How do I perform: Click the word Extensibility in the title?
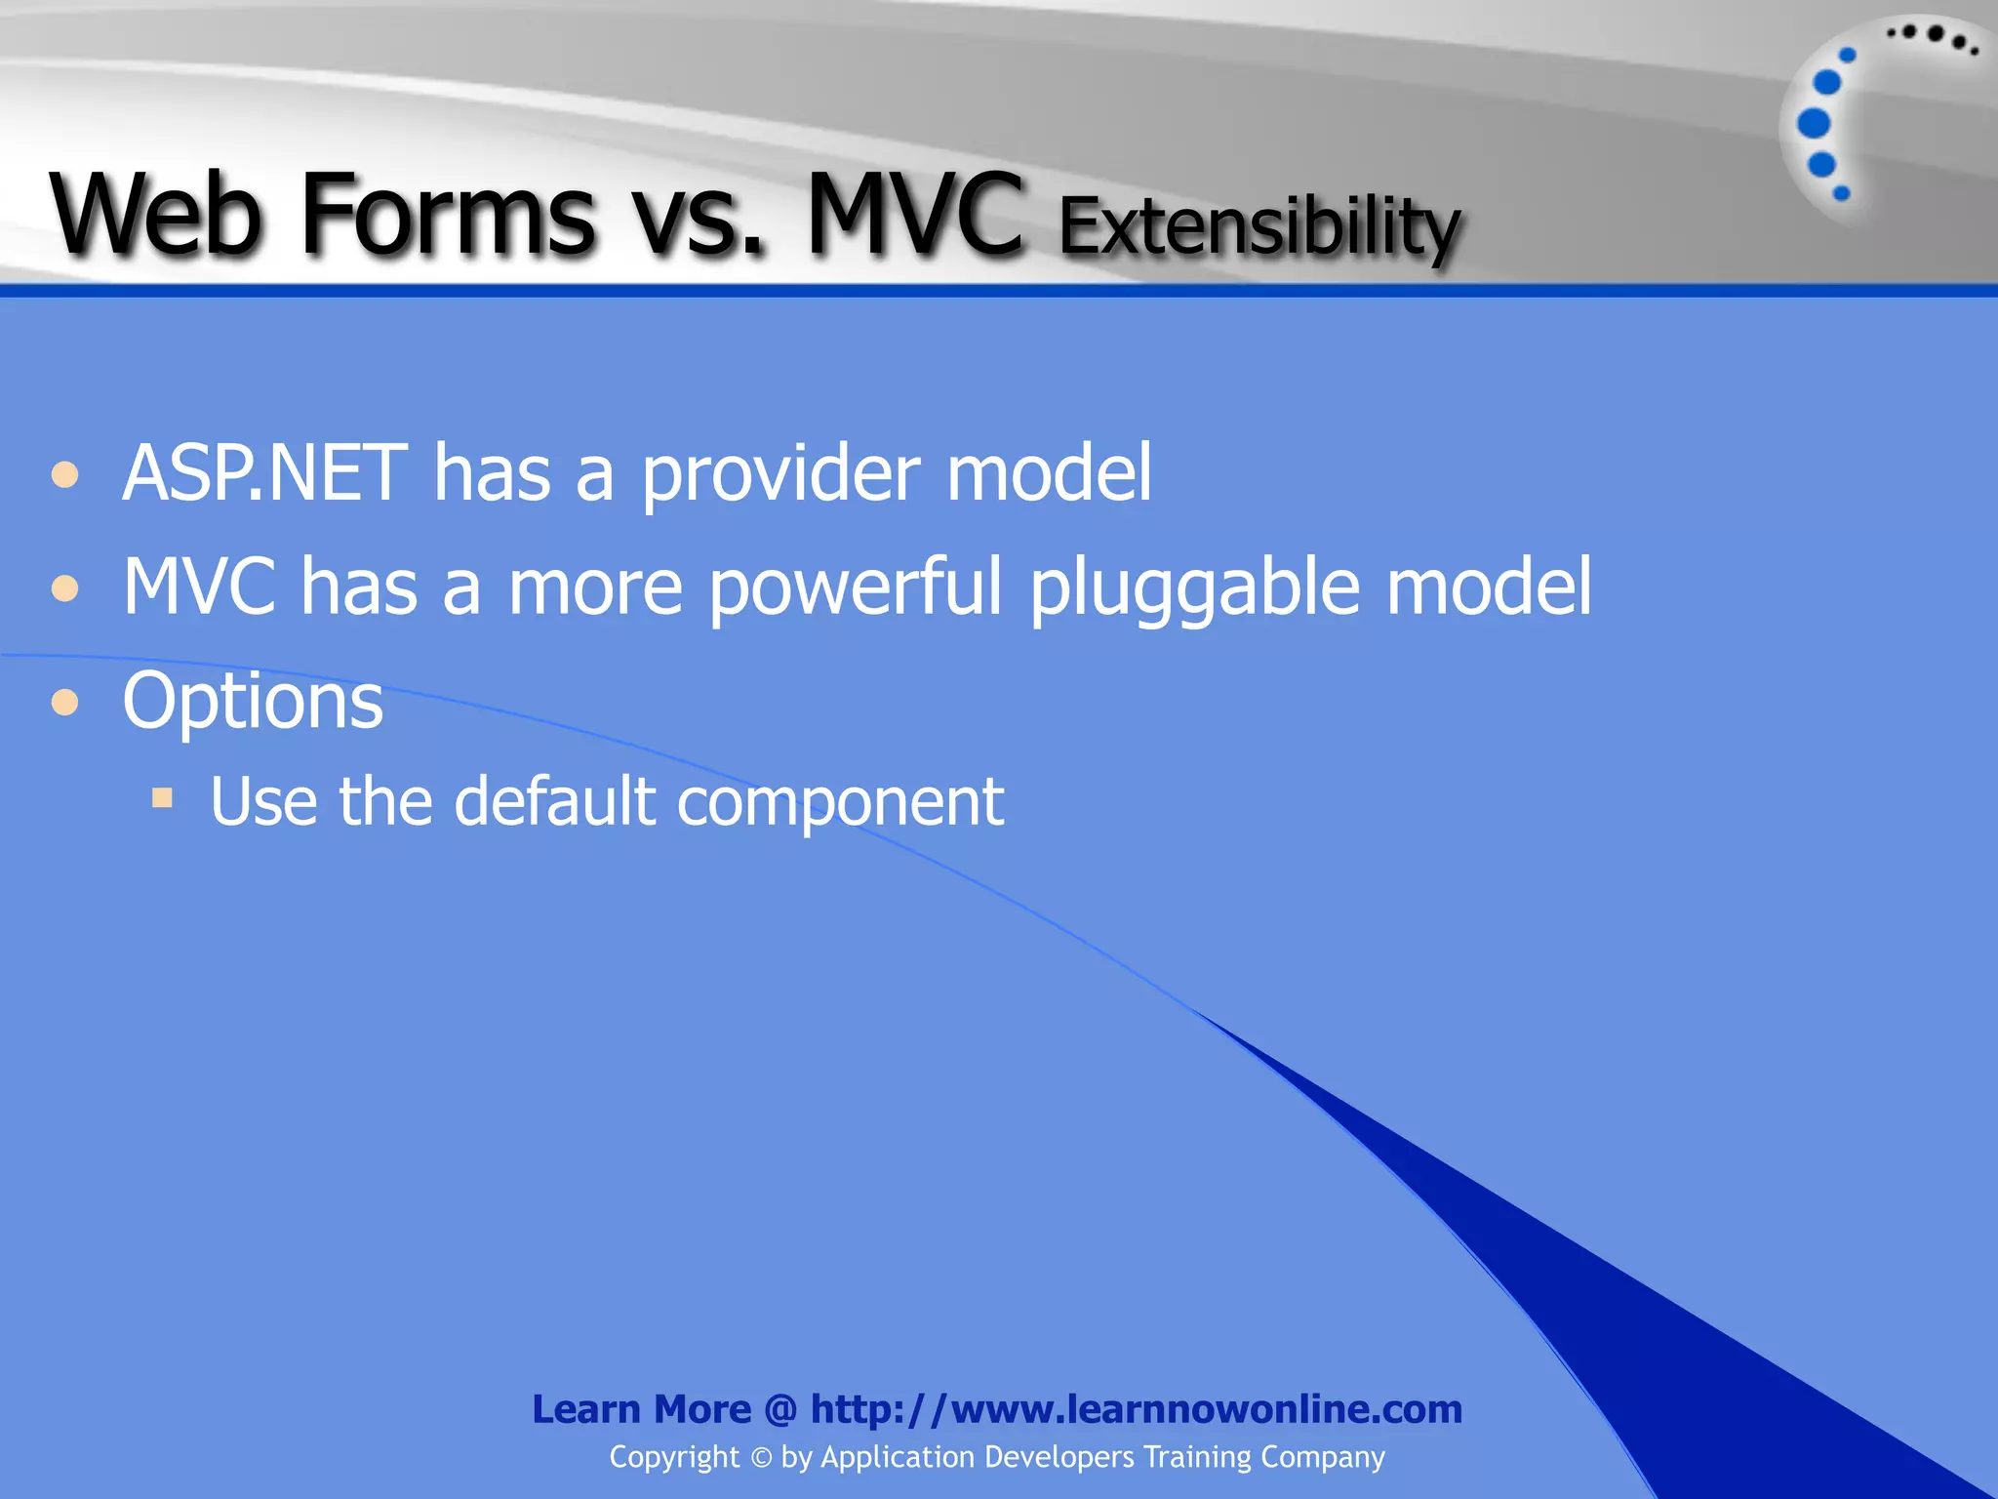coord(1259,226)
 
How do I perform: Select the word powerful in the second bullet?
coord(855,588)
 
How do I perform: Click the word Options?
coord(253,702)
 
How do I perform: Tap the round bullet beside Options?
coord(65,702)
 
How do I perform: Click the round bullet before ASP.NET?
coord(65,475)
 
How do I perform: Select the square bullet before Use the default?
coord(162,799)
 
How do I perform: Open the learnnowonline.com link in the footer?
coord(1137,1409)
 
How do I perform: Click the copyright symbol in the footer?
coord(761,1458)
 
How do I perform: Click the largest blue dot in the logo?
coord(1814,123)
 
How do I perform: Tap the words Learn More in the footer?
coord(641,1409)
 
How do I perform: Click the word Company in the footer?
coord(1322,1458)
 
